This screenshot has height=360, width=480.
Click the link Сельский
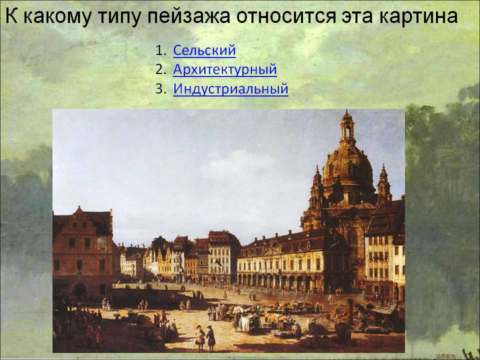click(204, 50)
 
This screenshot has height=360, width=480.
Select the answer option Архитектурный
click(224, 70)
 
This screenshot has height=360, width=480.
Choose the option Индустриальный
click(230, 89)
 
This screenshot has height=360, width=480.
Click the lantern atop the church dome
click(347, 127)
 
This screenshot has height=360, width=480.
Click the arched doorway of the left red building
click(80, 289)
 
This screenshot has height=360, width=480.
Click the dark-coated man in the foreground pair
click(210, 338)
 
